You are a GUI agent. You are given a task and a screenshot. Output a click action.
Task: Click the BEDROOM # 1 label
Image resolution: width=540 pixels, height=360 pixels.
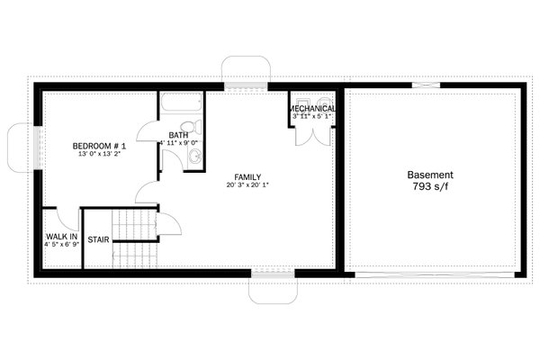[x=99, y=145]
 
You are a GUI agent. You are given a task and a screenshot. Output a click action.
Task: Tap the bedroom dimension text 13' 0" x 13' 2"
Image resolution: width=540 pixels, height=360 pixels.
[x=99, y=154]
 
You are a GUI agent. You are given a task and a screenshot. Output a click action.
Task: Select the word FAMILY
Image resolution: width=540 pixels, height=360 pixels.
[x=247, y=176]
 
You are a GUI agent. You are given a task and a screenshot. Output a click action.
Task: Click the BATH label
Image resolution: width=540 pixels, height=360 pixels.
[x=178, y=137]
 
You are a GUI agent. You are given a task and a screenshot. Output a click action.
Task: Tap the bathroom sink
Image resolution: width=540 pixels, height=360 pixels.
[x=193, y=157]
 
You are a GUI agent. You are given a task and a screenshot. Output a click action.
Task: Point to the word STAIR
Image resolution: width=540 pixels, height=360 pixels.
[x=98, y=239]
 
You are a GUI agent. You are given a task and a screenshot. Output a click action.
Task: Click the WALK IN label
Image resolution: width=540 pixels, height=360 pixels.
[x=60, y=237]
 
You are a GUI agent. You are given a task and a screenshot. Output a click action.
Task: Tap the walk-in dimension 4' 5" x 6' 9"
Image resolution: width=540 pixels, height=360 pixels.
[x=60, y=246]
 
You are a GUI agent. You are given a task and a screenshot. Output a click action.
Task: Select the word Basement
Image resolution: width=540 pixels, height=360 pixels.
[x=430, y=175]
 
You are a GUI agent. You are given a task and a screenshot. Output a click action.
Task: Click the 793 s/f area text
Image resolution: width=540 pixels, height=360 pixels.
[x=430, y=188]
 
